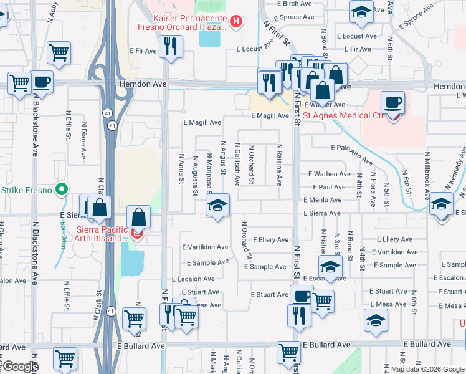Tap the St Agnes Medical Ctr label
tap(342, 115)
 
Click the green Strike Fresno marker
tap(61, 189)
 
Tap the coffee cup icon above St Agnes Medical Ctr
tap(392, 102)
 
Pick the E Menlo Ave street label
tap(322, 200)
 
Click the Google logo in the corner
tap(21, 367)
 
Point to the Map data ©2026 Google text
tap(427, 369)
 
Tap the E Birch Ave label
tap(297, 4)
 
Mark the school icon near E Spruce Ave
tap(361, 12)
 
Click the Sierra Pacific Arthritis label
tap(101, 233)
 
